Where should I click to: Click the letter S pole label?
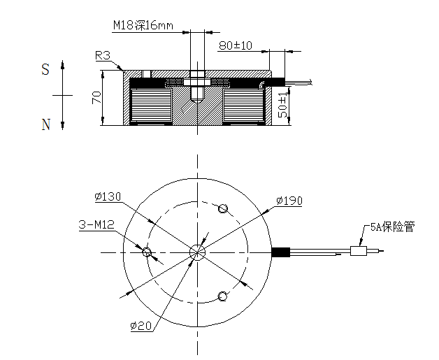click(45, 69)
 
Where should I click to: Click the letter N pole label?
click(46, 125)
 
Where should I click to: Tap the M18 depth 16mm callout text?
click(143, 26)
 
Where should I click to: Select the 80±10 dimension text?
click(235, 45)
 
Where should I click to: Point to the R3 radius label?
click(103, 56)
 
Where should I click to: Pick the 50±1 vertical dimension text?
click(282, 104)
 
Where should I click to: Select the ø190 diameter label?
click(289, 201)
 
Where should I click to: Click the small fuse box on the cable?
click(359, 251)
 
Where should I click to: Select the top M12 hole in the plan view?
click(223, 208)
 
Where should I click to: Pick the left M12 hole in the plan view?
click(147, 252)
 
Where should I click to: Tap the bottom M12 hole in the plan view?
click(223, 296)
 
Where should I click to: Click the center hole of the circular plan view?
click(197, 252)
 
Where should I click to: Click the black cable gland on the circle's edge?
click(280, 252)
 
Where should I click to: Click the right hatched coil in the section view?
click(243, 106)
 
